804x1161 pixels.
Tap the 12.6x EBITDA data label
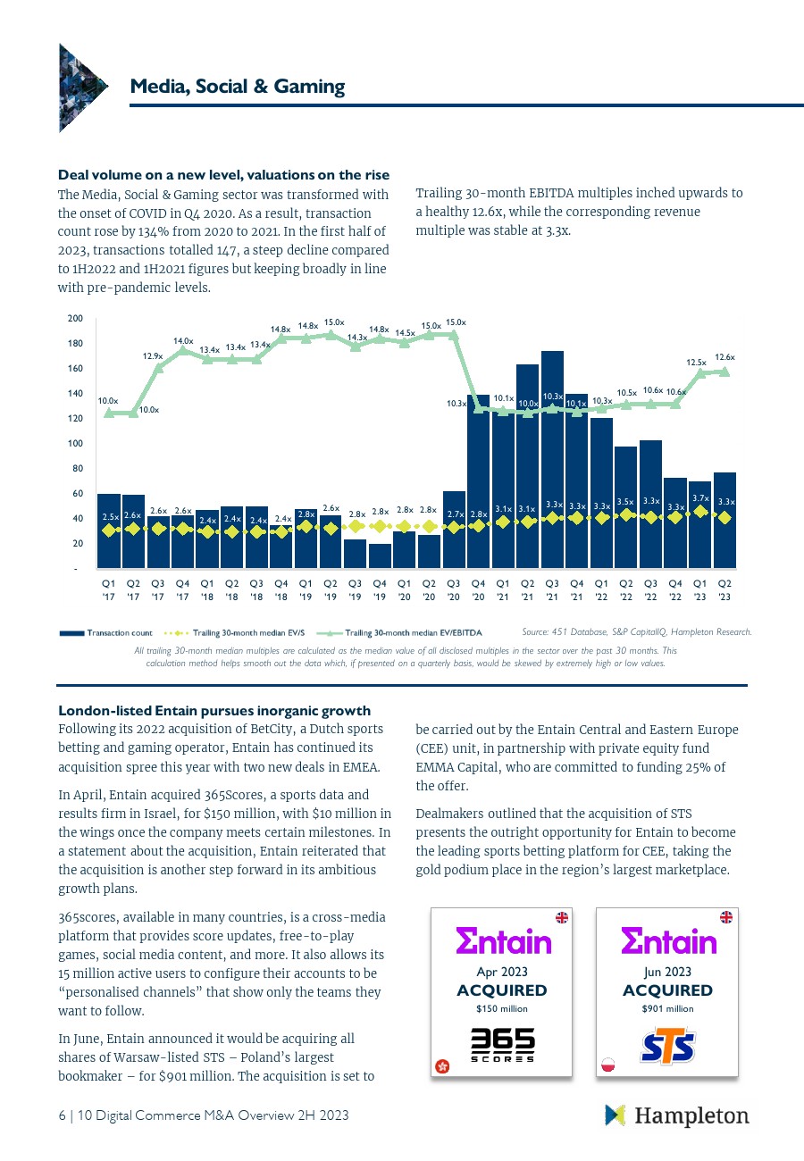(x=724, y=357)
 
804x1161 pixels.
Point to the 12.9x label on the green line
(x=152, y=355)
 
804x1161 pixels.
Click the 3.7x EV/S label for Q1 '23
(x=700, y=498)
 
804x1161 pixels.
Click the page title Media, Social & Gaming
(x=237, y=87)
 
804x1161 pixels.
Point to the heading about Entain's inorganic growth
(x=214, y=711)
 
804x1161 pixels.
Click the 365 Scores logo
(x=503, y=1045)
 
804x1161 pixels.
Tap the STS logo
(x=667, y=1046)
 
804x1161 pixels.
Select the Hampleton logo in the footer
(x=676, y=1115)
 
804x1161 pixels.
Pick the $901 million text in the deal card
(x=667, y=1008)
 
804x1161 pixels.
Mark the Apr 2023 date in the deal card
(x=502, y=971)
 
